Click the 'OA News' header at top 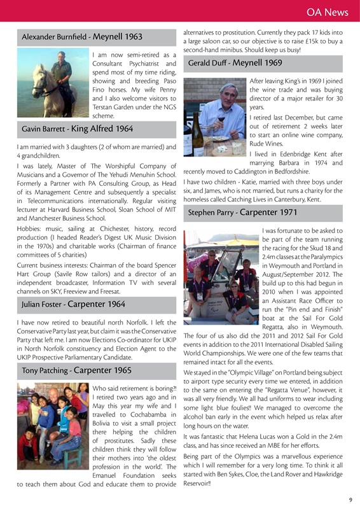[x=327, y=12]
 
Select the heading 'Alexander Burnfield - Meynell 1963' [x=82, y=38]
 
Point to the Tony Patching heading [x=76, y=370]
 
